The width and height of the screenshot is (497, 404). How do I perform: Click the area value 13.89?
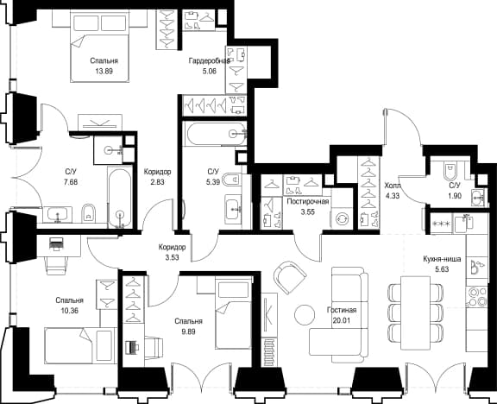[x=104, y=71]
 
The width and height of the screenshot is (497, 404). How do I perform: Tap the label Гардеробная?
[x=209, y=60]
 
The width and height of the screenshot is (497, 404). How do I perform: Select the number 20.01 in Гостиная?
[x=342, y=320]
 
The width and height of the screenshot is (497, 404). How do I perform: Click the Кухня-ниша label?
[x=442, y=259]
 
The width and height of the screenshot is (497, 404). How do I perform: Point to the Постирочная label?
[x=308, y=202]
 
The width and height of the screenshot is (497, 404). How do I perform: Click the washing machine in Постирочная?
[x=342, y=218]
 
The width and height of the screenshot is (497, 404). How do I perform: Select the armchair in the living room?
[x=289, y=276]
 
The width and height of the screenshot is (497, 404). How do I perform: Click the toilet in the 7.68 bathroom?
[x=89, y=213]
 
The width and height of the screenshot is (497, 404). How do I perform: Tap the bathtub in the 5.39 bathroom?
[x=217, y=135]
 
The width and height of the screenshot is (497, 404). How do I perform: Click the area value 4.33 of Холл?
[x=393, y=196]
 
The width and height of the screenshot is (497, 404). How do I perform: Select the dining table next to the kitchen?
[x=415, y=312]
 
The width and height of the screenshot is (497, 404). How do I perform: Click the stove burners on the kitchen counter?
[x=476, y=296]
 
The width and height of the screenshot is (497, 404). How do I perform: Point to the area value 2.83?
[x=157, y=182]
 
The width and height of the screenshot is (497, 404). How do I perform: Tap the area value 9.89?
[x=188, y=331]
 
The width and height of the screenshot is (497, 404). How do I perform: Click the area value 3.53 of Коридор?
[x=172, y=257]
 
